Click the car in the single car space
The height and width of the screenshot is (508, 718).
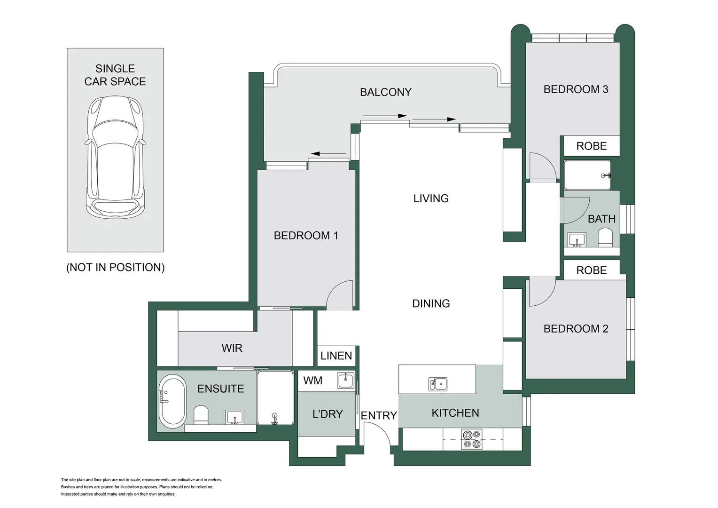pos(116,157)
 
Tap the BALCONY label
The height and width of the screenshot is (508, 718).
pos(386,92)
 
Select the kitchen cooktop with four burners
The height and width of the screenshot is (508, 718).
pos(472,439)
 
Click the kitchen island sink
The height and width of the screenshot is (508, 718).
pos(437,384)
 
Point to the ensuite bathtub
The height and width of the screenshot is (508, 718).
pos(172,401)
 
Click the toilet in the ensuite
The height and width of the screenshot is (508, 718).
pos(201,415)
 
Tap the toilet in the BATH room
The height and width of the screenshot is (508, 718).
pos(605,237)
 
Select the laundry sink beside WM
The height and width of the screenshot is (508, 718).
pos(345,381)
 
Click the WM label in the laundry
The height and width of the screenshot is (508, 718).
pos(312,381)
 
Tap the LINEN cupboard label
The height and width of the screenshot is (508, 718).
pos(336,356)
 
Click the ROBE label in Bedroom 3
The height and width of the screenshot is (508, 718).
pos(592,146)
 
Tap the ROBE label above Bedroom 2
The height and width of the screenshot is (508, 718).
pos(592,270)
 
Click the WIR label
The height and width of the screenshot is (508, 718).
pos(232,348)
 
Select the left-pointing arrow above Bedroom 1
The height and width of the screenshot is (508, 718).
pos(328,154)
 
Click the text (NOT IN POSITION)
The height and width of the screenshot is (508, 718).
pos(116,267)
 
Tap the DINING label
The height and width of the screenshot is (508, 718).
pos(431,303)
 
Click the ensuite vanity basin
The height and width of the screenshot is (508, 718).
pos(234,417)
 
